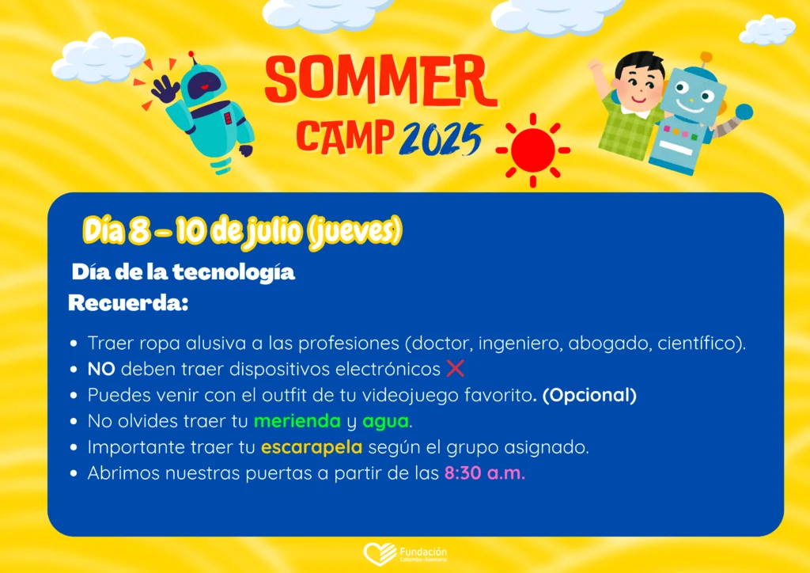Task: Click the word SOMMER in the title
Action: pyautogui.click(x=381, y=80)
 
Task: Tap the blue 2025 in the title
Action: pyautogui.click(x=441, y=139)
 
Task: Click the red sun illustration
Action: pyautogui.click(x=532, y=150)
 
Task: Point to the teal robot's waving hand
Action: pyautogui.click(x=165, y=89)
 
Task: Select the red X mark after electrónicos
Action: pyautogui.click(x=455, y=368)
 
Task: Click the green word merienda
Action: pyautogui.click(x=297, y=421)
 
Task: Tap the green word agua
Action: pyautogui.click(x=385, y=422)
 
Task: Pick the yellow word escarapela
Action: pyautogui.click(x=312, y=447)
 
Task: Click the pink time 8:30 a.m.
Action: pyautogui.click(x=485, y=472)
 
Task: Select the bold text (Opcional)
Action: pyautogui.click(x=589, y=395)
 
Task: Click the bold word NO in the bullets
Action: pyautogui.click(x=101, y=369)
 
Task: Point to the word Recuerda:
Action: pyautogui.click(x=128, y=303)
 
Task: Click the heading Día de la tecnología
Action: pyautogui.click(x=184, y=272)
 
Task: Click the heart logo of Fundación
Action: pyautogui.click(x=380, y=553)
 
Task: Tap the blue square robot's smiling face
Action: pyautogui.click(x=692, y=98)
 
